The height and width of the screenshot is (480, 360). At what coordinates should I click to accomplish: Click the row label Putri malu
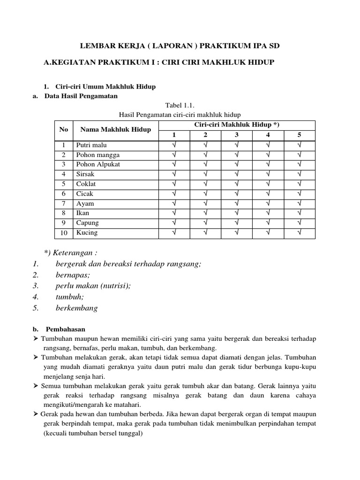click(x=92, y=145)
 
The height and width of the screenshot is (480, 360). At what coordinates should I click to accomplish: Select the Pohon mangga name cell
click(x=98, y=155)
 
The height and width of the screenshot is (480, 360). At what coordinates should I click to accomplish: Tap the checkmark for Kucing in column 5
click(x=300, y=232)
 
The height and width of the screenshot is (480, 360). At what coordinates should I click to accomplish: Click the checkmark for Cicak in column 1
click(x=174, y=194)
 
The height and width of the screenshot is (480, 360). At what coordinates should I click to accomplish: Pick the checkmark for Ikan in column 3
click(x=237, y=213)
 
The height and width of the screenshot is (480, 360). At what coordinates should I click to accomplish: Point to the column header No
click(x=64, y=129)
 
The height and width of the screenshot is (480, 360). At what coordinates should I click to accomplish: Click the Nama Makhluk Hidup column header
click(x=116, y=129)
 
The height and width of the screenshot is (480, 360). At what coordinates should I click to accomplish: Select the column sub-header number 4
click(x=268, y=135)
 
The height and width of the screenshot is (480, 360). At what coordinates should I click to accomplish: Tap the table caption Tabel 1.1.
click(x=180, y=106)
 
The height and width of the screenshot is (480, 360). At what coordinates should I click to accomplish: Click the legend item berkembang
click(x=76, y=308)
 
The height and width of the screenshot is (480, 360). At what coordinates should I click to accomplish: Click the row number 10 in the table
click(x=64, y=232)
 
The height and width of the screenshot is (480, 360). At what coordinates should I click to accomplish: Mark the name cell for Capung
click(x=88, y=223)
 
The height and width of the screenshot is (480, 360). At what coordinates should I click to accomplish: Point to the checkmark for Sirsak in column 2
click(x=205, y=174)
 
